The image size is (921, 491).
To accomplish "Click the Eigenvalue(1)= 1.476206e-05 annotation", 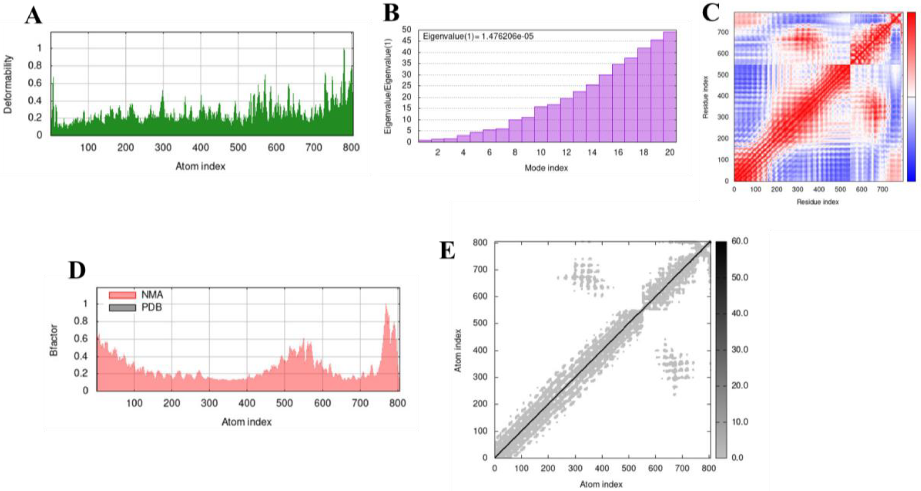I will (478, 36).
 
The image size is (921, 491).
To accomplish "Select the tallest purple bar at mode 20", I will (669, 86).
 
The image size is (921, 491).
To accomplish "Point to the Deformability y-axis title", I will (8, 84).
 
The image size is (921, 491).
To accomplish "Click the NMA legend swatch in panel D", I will (122, 295).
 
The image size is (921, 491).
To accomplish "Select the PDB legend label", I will (152, 307).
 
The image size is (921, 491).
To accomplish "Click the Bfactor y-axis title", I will (54, 340).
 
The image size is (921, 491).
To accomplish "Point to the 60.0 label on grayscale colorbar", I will (739, 241).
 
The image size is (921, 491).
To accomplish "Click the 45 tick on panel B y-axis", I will (407, 41).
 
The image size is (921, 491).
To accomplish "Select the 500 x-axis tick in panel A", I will (238, 147).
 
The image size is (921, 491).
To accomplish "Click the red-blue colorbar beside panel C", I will (911, 97).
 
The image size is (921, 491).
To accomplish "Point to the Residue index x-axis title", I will (817, 202).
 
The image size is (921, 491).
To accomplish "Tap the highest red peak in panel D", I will (386, 305).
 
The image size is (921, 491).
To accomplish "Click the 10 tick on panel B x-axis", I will (541, 152).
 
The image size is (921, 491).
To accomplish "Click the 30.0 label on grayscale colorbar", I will (739, 349).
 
